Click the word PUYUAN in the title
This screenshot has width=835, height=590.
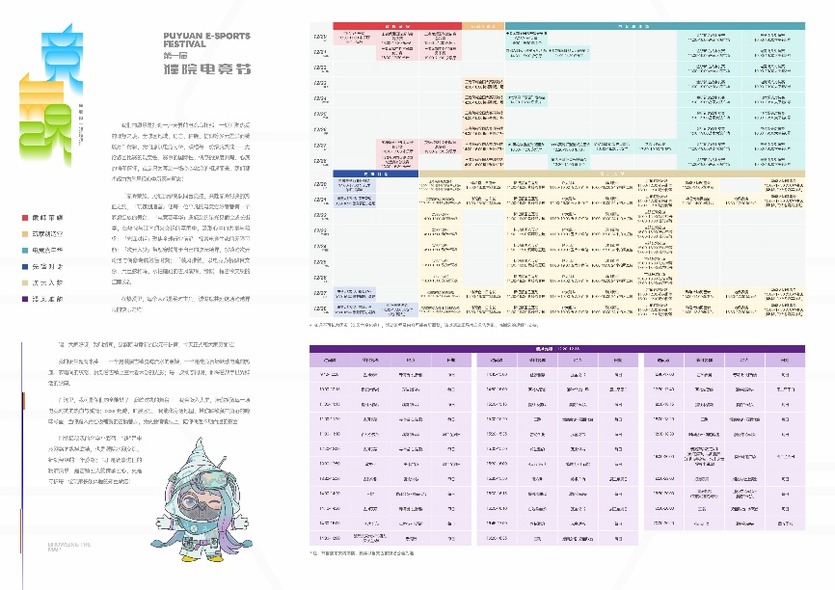click(x=179, y=36)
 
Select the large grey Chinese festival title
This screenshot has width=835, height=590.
click(x=208, y=70)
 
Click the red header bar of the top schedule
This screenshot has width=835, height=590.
click(x=397, y=24)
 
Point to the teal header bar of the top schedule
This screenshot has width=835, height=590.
click(x=656, y=24)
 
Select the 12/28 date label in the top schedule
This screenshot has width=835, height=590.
click(x=320, y=161)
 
